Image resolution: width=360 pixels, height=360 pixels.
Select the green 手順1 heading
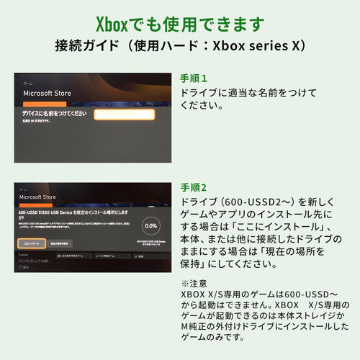194,78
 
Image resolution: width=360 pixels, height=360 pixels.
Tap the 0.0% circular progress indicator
150,225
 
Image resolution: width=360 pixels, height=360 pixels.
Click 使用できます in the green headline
216,23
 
